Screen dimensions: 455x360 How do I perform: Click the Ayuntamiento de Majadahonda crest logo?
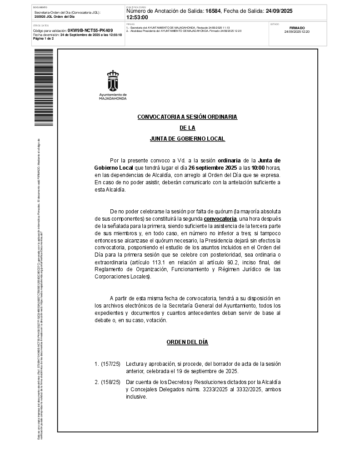coord(113,82)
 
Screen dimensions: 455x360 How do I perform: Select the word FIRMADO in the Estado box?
coord(297,28)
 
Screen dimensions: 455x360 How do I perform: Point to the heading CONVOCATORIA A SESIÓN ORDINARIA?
coord(187,117)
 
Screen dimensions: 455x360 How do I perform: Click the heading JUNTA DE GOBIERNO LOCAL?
coord(187,139)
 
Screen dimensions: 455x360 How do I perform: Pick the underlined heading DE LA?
coord(187,128)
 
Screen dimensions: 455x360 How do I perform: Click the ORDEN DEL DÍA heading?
coord(187,342)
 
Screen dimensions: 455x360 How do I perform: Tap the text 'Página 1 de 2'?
coord(44,39)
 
